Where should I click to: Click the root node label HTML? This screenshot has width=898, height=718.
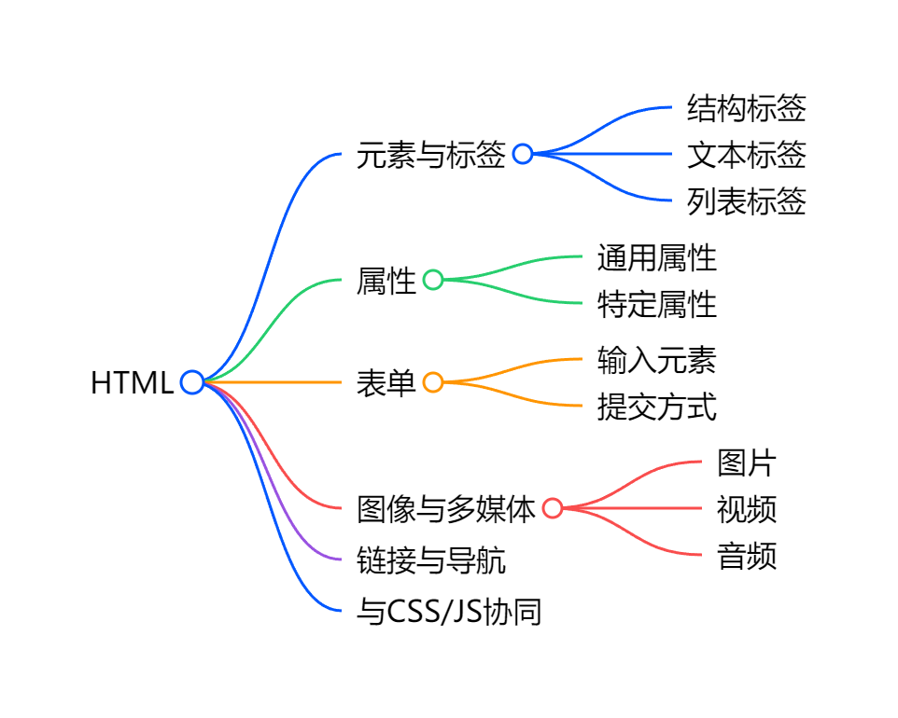pos(132,382)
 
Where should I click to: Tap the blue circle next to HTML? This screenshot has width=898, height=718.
pos(192,381)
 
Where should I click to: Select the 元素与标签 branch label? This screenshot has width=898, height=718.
pos(431,154)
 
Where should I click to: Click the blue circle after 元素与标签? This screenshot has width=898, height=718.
pos(523,154)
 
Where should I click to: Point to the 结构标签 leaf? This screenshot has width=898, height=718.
pos(746,108)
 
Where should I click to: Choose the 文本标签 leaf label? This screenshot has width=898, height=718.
pos(746,154)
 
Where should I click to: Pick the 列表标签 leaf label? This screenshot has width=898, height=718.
pos(746,200)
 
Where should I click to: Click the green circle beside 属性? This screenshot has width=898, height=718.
pos(433,280)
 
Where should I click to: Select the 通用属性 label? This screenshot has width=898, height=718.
pos(656,257)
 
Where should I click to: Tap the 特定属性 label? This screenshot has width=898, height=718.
pos(656,304)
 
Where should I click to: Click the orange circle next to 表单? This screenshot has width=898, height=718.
pos(433,382)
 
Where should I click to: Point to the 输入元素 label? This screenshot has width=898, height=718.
pos(656,360)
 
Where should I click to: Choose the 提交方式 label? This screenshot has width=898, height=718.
pos(656,407)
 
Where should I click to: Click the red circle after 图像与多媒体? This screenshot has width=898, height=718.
pos(553,508)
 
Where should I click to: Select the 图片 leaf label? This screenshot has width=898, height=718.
pos(746,463)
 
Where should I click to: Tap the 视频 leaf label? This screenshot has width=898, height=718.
pos(746,509)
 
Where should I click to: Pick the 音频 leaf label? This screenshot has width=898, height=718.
pos(746,556)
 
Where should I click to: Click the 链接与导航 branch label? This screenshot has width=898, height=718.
pos(431,560)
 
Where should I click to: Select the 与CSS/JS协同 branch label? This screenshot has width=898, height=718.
pos(449,613)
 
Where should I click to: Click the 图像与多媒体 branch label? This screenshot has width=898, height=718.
pos(446,509)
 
